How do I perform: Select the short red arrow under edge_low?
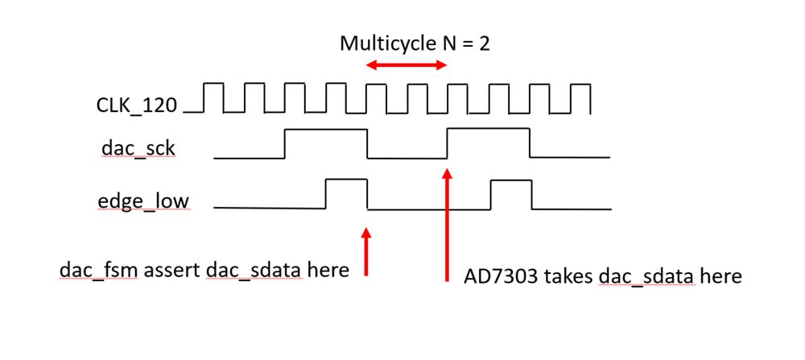point(367,251)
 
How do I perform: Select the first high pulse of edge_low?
point(346,194)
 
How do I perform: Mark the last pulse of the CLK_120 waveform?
point(580,97)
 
